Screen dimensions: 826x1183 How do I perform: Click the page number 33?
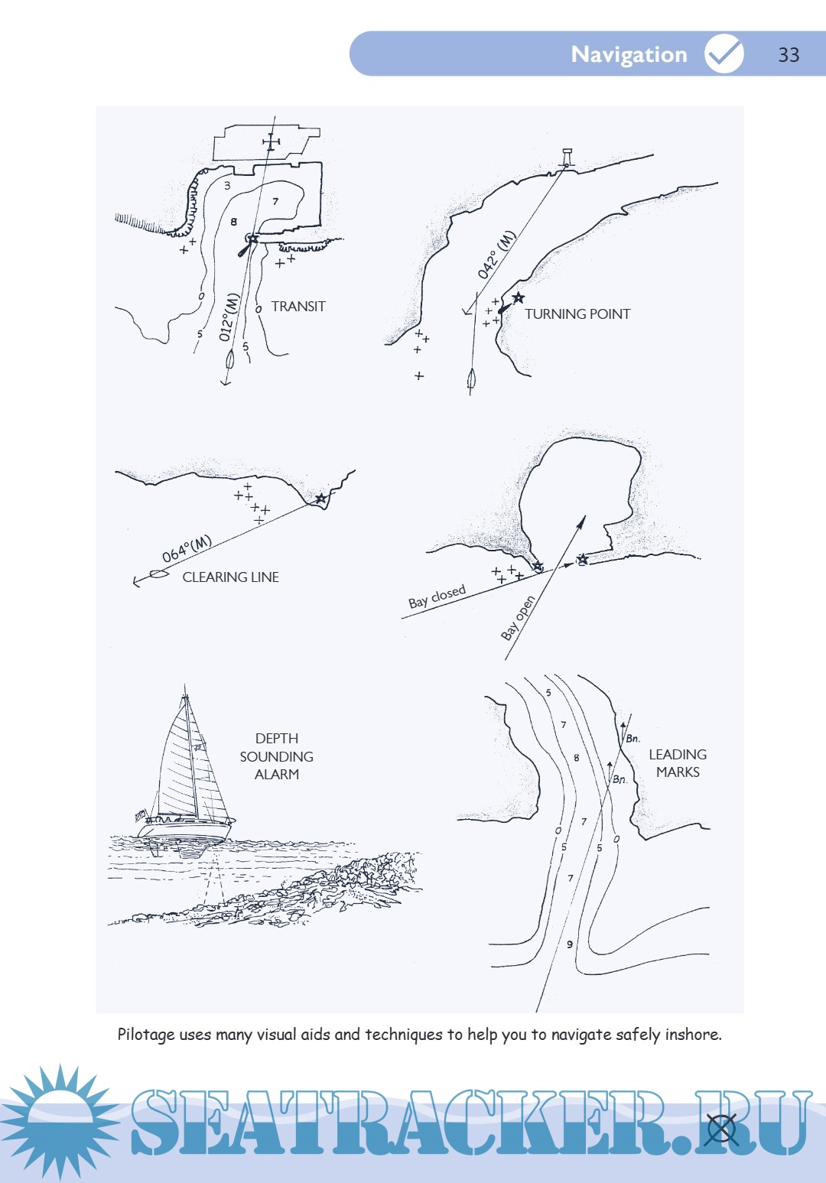click(789, 54)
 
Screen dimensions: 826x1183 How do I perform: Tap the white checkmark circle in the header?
click(724, 53)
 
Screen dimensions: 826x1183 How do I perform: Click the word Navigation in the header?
click(629, 54)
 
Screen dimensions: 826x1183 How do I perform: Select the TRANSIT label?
click(298, 307)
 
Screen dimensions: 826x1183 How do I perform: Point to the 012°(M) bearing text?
click(229, 317)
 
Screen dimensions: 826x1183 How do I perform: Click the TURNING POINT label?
click(577, 314)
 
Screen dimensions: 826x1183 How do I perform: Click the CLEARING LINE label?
click(230, 577)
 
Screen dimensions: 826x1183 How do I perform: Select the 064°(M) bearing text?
click(187, 549)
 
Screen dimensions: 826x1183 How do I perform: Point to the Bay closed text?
click(437, 596)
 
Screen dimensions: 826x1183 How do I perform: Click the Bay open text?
click(518, 618)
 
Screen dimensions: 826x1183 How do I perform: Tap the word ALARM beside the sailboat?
click(277, 774)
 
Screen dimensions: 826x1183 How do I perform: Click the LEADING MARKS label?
click(678, 763)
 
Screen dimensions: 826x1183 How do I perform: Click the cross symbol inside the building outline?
click(271, 142)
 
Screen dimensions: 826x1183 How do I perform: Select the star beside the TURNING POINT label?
click(518, 298)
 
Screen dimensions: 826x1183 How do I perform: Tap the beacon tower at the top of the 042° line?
click(567, 158)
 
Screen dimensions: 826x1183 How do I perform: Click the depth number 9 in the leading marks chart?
click(569, 944)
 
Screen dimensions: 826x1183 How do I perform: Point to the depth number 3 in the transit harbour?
click(227, 185)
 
